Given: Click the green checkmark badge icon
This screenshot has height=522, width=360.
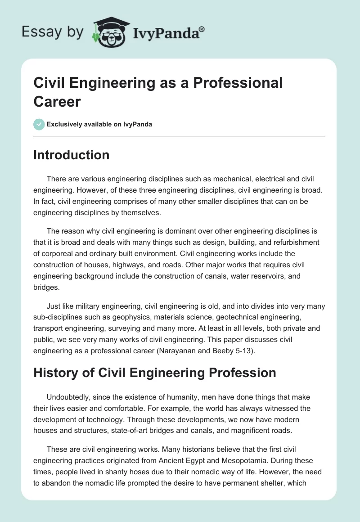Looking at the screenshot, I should coord(39,124).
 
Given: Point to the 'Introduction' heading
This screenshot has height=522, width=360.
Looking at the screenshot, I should coord(72,155).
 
